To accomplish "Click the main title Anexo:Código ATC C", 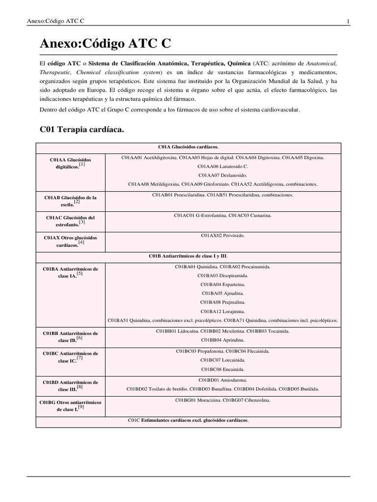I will coord(105,44).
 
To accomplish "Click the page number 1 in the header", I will coord(348,21).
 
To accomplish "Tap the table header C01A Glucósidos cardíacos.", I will coord(188,147).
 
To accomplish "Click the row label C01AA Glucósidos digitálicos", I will coord(71,163).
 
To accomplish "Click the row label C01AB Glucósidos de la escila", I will coord(71,201).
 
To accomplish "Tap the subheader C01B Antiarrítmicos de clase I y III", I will coord(188,256).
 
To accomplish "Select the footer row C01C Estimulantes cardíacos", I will coord(188,421).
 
